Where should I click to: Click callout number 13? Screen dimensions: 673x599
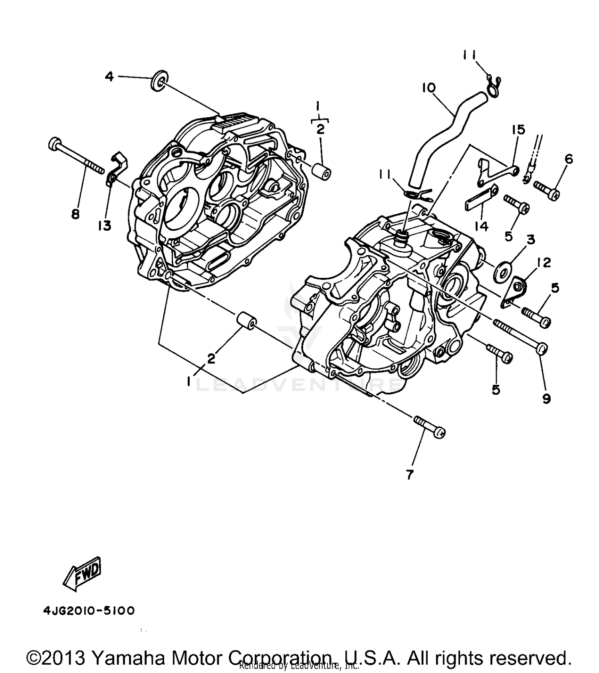105,226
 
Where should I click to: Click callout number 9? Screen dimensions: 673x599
546,398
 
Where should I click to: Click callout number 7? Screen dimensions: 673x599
409,475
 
